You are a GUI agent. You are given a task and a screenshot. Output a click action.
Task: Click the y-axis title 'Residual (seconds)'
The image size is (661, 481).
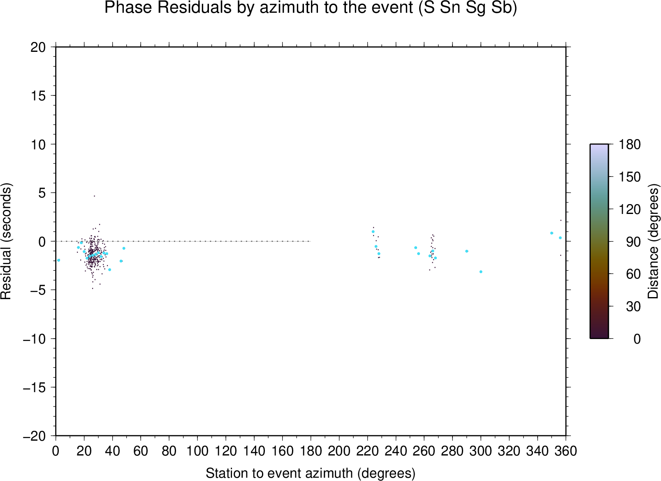click(6, 241)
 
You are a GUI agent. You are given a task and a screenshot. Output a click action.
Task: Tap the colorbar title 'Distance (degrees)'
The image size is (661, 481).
click(653, 241)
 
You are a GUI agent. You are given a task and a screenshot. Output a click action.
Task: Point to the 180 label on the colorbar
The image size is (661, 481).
click(629, 144)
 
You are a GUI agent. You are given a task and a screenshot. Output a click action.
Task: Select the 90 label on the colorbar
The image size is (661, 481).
click(633, 242)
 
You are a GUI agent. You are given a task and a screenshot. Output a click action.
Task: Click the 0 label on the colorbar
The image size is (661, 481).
click(637, 339)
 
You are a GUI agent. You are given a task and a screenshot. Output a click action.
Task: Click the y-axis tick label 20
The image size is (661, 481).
click(38, 47)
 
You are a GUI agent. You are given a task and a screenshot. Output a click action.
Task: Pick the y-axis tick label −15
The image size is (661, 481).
click(34, 388)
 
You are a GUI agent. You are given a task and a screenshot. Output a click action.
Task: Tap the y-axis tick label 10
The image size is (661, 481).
click(38, 145)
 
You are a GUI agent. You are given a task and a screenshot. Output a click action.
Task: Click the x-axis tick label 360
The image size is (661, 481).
click(566, 451)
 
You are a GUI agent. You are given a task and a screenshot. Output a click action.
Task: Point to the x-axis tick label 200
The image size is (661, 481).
click(339, 451)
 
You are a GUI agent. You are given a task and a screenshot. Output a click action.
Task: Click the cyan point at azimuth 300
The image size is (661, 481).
click(481, 272)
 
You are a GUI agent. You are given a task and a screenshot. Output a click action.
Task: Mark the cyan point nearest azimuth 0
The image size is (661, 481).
click(58, 260)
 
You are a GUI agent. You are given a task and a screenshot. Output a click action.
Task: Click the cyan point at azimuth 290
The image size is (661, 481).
click(467, 251)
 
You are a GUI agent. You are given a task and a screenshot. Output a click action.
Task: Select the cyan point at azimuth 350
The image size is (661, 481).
click(552, 233)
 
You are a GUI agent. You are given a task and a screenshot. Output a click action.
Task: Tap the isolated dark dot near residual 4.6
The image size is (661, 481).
click(95, 196)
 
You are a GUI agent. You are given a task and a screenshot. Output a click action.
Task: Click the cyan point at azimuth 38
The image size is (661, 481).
click(109, 270)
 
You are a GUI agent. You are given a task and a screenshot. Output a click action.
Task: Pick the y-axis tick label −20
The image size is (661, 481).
click(34, 436)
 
